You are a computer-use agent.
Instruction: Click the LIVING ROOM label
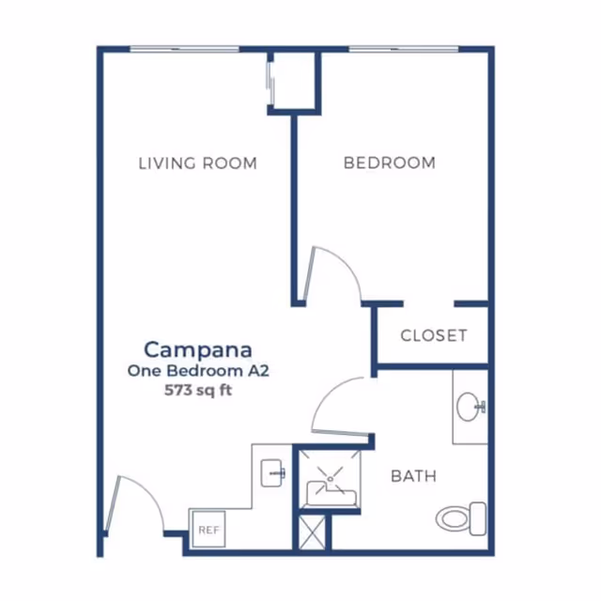click(197, 163)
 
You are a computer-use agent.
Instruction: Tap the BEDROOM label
click(390, 162)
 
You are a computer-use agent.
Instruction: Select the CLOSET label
click(434, 336)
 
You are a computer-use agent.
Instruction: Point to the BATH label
click(413, 476)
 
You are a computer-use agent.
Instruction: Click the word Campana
click(198, 350)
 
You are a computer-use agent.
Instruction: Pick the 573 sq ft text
click(198, 391)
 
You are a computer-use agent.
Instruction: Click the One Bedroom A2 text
click(198, 371)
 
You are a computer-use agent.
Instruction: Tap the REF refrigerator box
click(208, 530)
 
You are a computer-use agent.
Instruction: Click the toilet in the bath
click(461, 518)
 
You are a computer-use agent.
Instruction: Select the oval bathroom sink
click(469, 407)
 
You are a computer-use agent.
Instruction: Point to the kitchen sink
click(272, 473)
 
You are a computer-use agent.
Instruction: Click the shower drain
click(330, 479)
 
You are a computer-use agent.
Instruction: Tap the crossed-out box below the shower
click(312, 532)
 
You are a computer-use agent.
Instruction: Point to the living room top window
click(184, 49)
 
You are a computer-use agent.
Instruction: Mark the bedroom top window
click(404, 49)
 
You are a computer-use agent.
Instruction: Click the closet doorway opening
click(429, 304)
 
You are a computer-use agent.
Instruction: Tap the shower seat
click(331, 494)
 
